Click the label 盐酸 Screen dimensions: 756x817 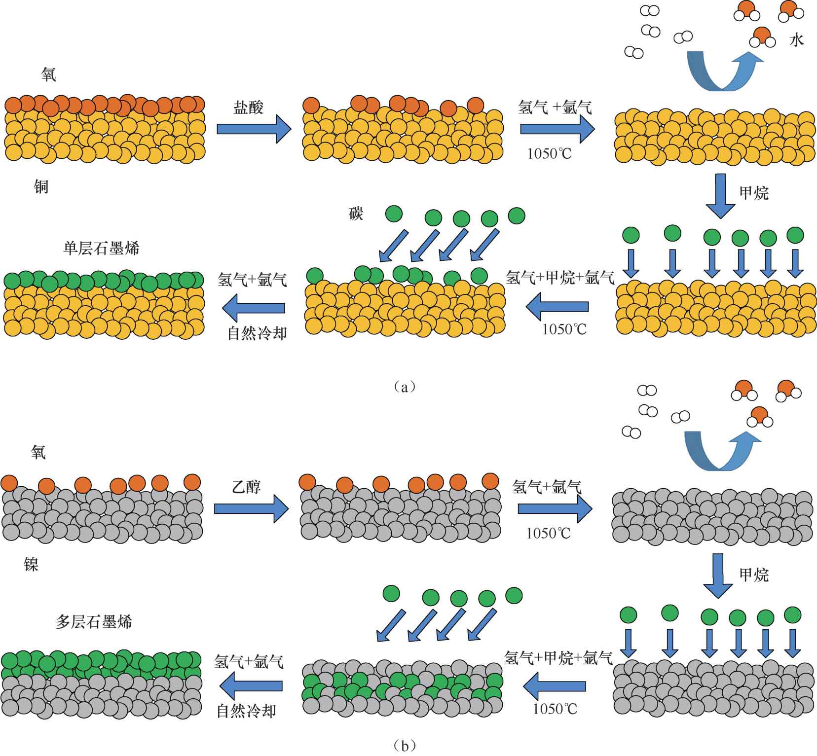pos(248,108)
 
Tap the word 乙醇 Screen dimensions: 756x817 pos(246,487)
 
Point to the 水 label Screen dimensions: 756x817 pos(796,40)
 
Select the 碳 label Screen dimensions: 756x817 pos(356,214)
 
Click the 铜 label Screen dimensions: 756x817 pos(41,187)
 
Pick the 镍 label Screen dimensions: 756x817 pos(31,564)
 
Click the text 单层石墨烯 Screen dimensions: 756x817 pos(101,248)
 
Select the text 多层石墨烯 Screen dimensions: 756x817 pos(94,622)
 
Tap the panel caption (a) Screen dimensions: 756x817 pos(405,387)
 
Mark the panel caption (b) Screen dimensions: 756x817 pos(405,745)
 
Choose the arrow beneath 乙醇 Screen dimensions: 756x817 pos(251,508)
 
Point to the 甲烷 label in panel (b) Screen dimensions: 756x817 pos(754,575)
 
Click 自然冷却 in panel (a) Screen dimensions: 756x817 pos(257,334)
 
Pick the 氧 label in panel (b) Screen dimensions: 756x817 pos(38,452)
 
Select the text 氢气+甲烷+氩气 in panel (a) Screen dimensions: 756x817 pos(560,278)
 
